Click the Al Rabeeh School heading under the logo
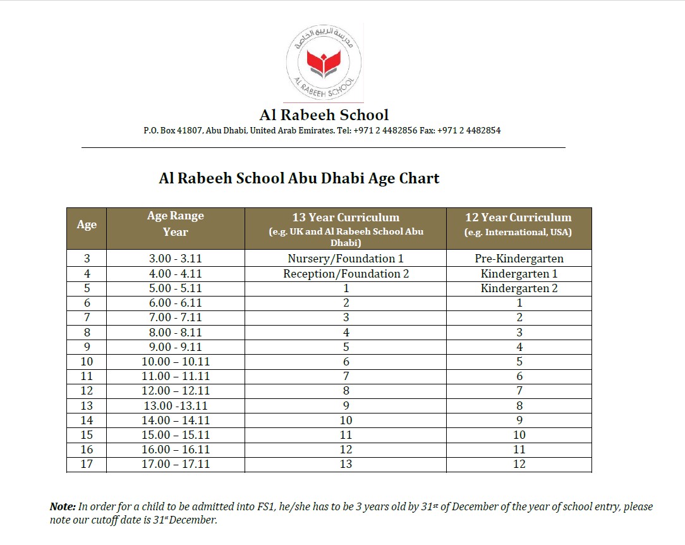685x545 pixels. (324, 115)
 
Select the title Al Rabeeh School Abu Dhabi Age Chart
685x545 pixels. (299, 178)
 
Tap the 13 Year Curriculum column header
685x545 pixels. (345, 217)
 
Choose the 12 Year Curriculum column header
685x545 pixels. (518, 217)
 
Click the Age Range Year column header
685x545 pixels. (175, 224)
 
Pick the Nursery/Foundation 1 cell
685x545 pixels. (345, 259)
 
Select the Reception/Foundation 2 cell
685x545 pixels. (345, 274)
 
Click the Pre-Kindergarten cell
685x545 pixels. (519, 259)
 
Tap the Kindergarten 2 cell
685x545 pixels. (519, 288)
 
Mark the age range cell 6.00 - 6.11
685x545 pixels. (175, 303)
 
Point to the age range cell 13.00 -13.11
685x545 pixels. (175, 406)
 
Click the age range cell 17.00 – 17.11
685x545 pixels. (175, 464)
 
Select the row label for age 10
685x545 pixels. (87, 362)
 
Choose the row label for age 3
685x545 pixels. (87, 259)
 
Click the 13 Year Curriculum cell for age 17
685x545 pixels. (346, 464)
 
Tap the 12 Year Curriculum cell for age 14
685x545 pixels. (519, 420)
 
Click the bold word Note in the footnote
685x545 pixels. (63, 507)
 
